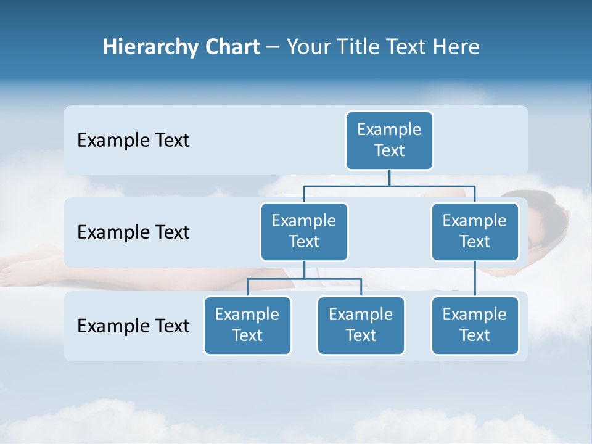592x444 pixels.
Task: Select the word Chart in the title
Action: [x=231, y=47]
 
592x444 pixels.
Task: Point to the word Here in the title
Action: [x=457, y=47]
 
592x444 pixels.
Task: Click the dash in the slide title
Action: [x=273, y=47]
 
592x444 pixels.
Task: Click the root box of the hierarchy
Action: [x=389, y=140]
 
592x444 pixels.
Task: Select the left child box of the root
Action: [x=304, y=231]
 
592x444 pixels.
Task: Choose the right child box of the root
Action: [x=475, y=231]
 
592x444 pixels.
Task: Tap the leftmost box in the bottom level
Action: [x=247, y=325]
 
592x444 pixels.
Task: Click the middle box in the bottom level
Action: [x=361, y=325]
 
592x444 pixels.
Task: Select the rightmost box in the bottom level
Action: [x=475, y=325]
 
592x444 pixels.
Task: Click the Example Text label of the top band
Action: [x=133, y=141]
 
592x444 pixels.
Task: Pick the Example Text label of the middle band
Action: [x=133, y=232]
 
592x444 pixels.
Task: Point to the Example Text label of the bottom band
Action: [x=133, y=326]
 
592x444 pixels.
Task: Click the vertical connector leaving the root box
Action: [x=389, y=178]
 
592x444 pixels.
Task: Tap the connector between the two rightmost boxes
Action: [x=475, y=279]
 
